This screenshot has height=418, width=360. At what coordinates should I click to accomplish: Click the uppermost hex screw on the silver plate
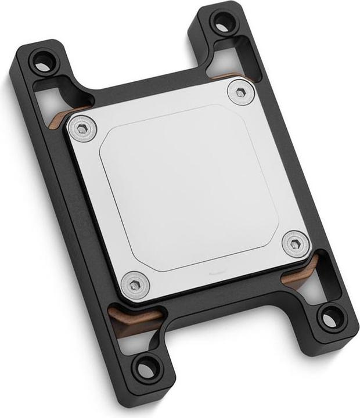pyautogui.click(x=240, y=92)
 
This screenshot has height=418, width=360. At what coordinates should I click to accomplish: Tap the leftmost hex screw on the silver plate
pyautogui.click(x=84, y=128)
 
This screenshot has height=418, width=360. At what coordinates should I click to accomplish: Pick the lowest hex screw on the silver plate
pyautogui.click(x=135, y=284)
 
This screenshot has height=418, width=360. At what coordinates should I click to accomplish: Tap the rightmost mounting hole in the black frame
pyautogui.click(x=332, y=318)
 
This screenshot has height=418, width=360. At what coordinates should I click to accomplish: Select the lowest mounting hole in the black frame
pyautogui.click(x=146, y=367)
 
